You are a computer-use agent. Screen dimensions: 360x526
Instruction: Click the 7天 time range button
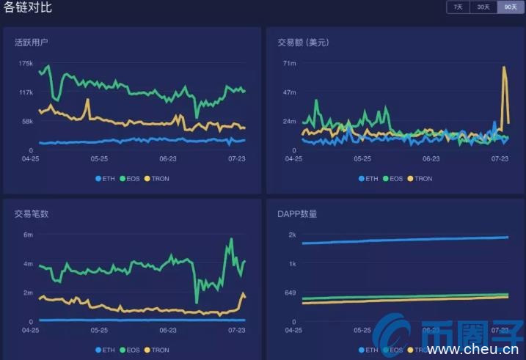click(458, 7)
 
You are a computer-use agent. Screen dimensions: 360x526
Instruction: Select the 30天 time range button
click(482, 7)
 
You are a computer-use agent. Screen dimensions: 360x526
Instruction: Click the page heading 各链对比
click(27, 8)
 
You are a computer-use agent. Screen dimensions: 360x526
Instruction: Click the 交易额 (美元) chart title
click(303, 43)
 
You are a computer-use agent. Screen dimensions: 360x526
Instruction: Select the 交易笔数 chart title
click(31, 214)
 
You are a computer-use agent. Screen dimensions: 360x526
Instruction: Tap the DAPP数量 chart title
click(297, 214)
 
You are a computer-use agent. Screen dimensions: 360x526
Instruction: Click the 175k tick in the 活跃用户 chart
click(26, 64)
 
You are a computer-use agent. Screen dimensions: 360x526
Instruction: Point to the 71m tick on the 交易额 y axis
click(289, 64)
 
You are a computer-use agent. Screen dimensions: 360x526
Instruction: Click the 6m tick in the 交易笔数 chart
click(28, 235)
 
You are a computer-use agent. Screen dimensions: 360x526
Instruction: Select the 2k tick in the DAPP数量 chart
click(291, 235)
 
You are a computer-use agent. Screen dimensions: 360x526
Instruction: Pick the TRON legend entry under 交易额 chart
click(419, 178)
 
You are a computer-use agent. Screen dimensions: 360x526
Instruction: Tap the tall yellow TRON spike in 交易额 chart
click(504, 68)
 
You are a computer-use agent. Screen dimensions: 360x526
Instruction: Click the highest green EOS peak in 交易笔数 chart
click(231, 239)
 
